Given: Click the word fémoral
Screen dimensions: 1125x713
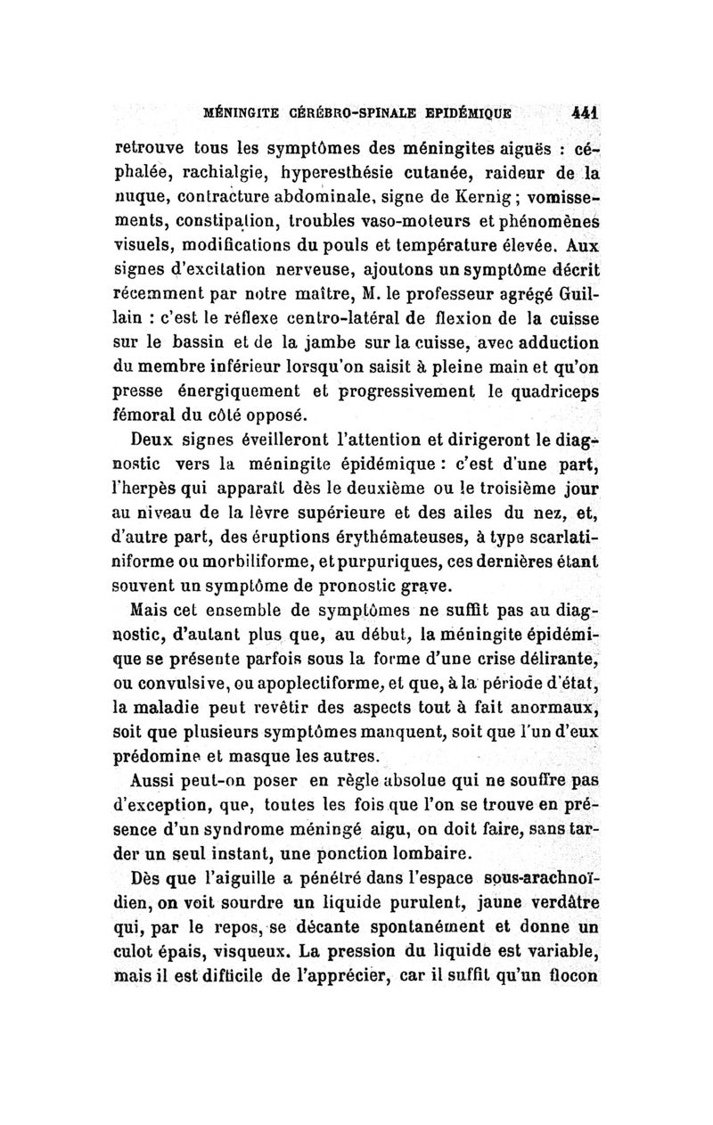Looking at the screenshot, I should (149, 414).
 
